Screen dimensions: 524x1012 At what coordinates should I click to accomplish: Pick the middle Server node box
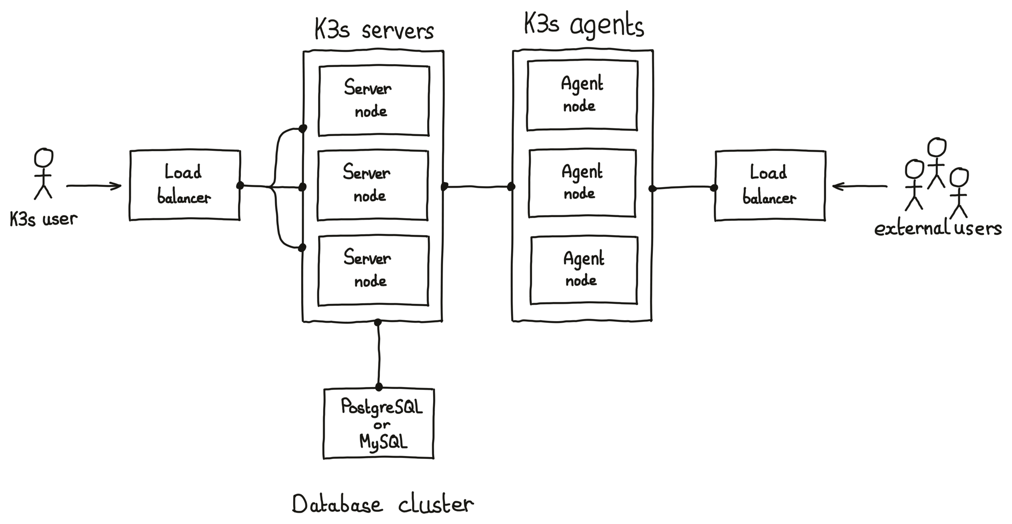[373, 185]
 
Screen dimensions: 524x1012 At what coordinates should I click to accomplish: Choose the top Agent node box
[582, 95]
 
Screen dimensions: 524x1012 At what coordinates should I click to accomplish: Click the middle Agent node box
[582, 183]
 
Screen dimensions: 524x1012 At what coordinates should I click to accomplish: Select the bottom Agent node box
[583, 270]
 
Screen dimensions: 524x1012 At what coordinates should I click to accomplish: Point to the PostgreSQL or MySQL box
[378, 424]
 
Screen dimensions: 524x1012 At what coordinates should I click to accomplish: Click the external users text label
[937, 229]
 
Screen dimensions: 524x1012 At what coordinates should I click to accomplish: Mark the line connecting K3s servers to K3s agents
[477, 187]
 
